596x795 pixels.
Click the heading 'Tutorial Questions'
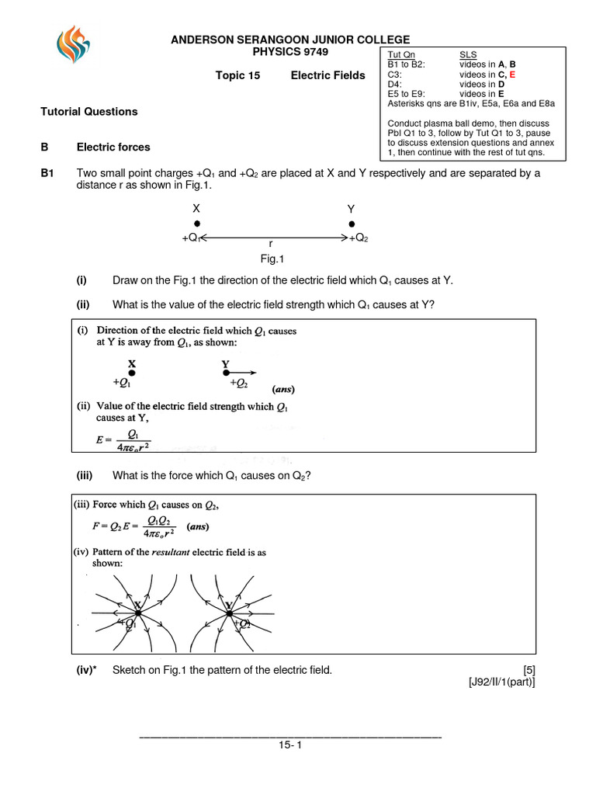88,112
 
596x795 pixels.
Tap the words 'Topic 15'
237,75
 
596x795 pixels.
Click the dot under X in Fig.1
196,224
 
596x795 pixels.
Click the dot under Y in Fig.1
352,224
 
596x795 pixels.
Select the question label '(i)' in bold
81,280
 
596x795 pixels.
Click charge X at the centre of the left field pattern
137,613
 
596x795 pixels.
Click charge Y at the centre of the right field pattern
230,613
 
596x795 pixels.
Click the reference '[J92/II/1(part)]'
501,682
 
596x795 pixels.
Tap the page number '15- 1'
289,745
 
